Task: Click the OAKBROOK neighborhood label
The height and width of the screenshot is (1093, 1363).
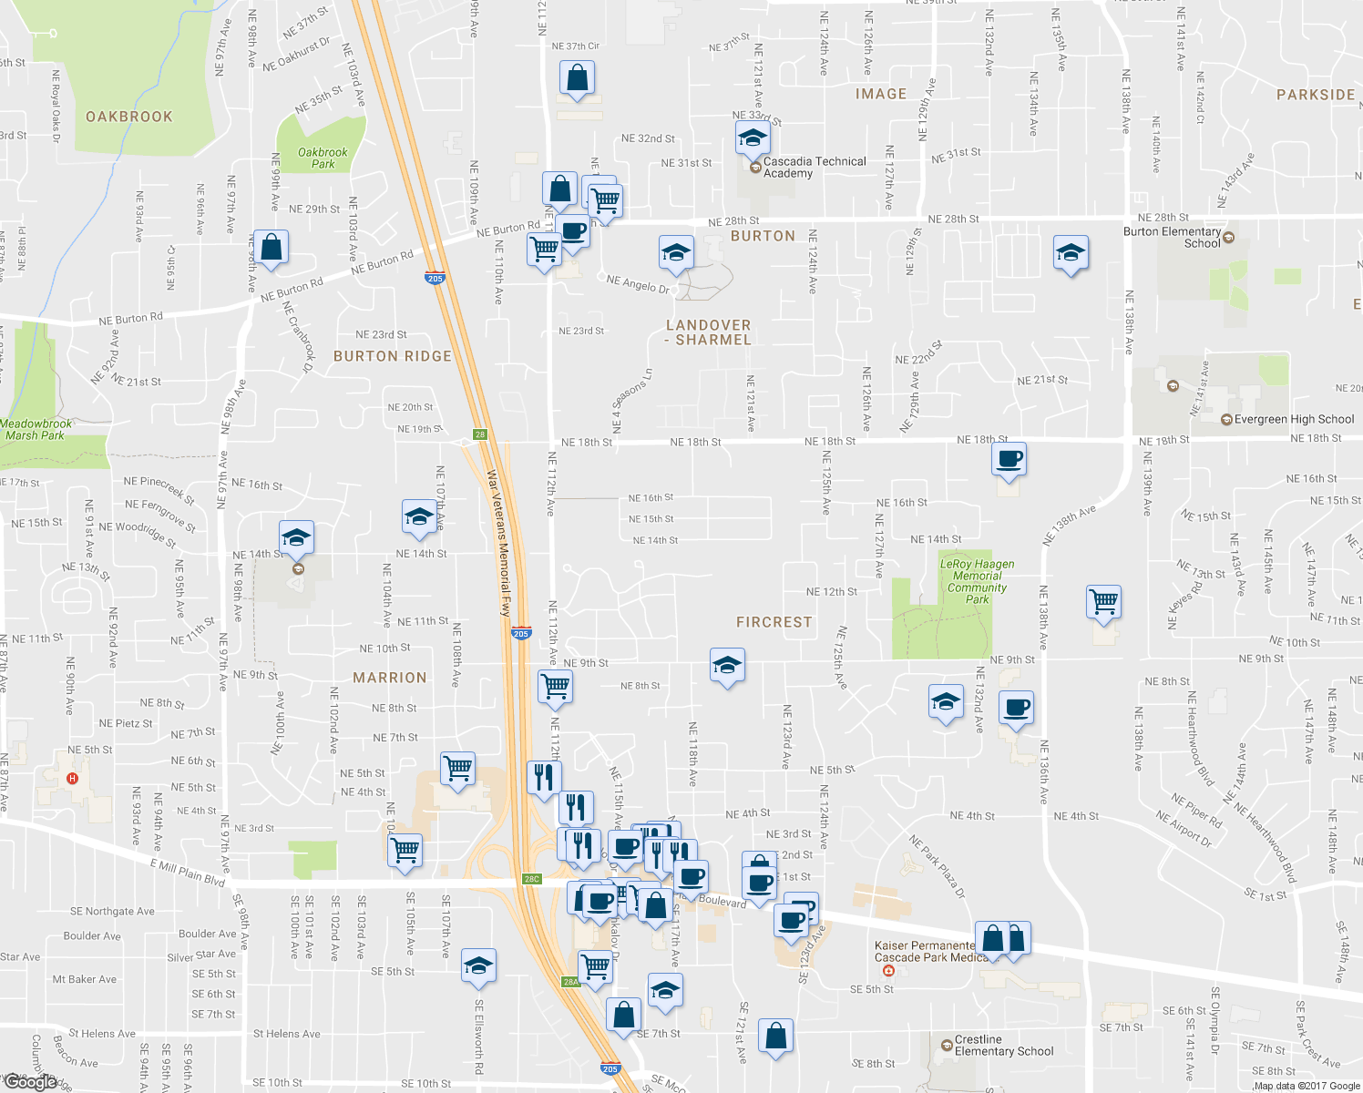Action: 128,117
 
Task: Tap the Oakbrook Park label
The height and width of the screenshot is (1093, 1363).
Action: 323,158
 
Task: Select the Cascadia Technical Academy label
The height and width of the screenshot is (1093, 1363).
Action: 814,167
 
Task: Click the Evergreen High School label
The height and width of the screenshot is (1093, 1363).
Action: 1294,420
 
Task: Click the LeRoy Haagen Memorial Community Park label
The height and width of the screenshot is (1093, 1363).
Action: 977,581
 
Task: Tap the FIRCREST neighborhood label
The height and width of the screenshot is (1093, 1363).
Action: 774,622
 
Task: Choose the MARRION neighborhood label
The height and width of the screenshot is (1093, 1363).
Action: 389,678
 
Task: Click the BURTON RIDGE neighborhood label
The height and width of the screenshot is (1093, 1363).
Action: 392,356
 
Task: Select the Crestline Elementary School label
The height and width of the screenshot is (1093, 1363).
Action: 1003,1046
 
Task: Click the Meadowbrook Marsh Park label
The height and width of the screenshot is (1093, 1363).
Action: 36,429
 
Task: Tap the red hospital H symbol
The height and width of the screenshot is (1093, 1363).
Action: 73,779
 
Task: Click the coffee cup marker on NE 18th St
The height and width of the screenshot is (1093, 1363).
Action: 1009,459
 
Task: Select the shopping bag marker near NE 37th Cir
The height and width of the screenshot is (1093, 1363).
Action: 577,79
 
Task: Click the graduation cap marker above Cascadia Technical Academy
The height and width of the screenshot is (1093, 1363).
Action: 753,138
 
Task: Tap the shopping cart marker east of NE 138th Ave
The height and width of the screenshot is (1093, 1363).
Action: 1103,601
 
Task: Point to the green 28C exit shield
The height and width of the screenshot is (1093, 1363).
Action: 531,879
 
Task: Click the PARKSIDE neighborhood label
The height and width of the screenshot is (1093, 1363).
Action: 1315,95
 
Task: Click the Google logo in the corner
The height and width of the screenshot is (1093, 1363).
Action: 30,1081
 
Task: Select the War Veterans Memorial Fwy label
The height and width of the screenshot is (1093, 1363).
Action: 498,543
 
